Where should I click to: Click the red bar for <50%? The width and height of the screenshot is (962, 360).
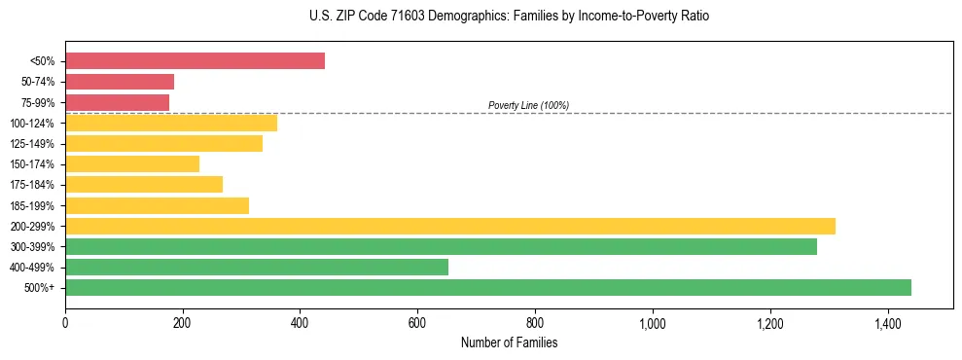[195, 61]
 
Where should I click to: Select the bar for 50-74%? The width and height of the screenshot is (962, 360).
[120, 82]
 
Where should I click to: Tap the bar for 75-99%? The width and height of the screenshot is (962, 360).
[117, 102]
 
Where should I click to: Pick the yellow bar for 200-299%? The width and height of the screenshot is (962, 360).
[450, 226]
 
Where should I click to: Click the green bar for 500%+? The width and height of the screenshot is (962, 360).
[488, 287]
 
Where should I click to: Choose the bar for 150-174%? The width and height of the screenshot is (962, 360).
[132, 164]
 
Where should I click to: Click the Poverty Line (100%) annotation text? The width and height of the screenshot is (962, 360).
[528, 105]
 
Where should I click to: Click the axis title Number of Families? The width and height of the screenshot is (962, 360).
[509, 342]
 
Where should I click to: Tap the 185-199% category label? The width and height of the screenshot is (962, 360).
[32, 205]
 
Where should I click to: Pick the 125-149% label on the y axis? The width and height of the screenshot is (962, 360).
[32, 144]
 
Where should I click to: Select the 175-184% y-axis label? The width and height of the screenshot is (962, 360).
[32, 185]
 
